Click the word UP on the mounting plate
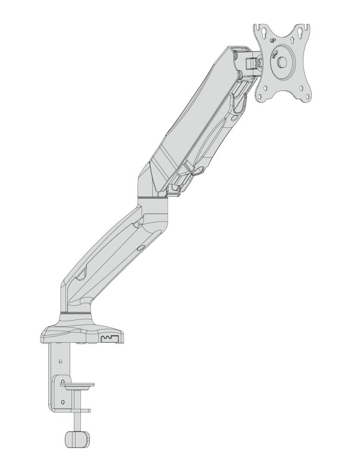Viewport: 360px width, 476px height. (273, 40)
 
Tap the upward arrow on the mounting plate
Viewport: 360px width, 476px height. (292, 39)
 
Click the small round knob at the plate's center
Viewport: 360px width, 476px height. (282, 62)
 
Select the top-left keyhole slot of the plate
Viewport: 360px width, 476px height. (263, 32)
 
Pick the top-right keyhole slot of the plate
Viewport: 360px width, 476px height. (302, 32)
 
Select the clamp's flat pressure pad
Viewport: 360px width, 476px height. (77, 384)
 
